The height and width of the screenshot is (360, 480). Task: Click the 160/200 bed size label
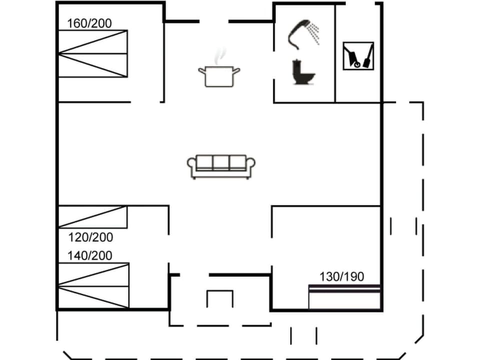[90, 23]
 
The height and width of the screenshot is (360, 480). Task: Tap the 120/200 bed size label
[90, 237]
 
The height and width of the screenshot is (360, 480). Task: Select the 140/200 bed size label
[90, 255]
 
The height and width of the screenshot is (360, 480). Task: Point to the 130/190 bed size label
[342, 276]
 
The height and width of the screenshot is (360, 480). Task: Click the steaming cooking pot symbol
[219, 75]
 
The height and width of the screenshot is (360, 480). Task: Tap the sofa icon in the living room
[221, 166]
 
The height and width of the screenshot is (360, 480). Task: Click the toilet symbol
[303, 72]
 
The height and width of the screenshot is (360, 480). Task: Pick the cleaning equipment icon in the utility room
[358, 55]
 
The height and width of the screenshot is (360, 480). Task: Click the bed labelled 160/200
[93, 53]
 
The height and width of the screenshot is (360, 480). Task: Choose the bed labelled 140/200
[93, 285]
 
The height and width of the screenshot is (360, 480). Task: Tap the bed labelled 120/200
[92, 217]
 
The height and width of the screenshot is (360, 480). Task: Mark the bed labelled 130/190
[344, 297]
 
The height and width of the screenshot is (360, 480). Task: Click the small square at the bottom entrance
[220, 298]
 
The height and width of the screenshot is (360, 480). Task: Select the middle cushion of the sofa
[221, 163]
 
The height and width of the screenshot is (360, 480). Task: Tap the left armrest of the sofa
[191, 165]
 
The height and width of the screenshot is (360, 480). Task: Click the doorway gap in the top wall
[214, 21]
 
